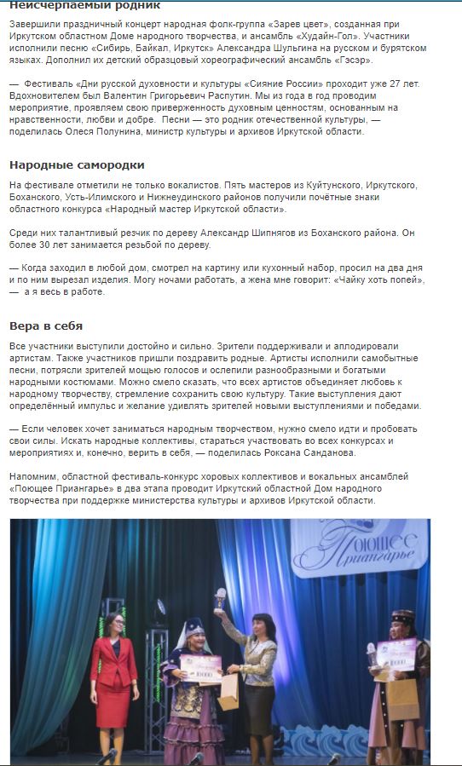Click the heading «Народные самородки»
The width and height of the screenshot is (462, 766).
point(77,164)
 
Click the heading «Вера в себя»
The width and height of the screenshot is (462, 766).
point(46,325)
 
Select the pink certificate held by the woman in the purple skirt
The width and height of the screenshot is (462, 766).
point(201,664)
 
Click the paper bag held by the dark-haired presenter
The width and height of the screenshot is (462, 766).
point(228,691)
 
